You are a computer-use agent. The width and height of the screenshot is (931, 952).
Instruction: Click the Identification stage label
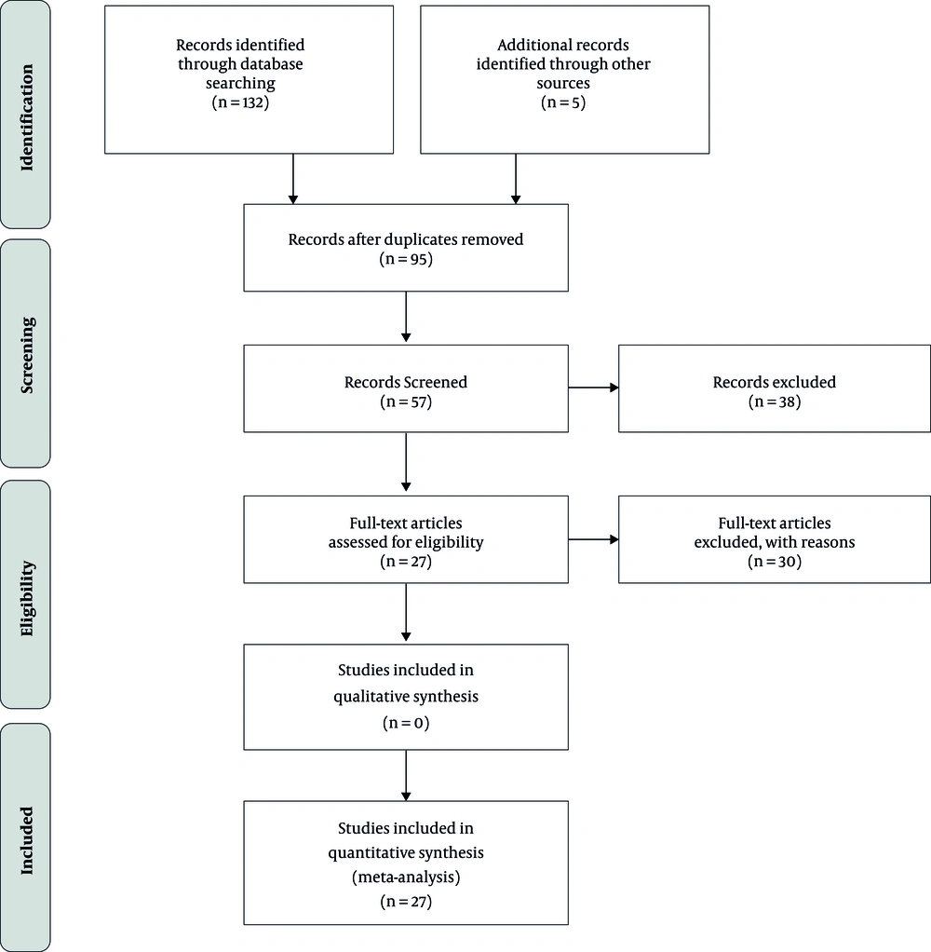pos(27,117)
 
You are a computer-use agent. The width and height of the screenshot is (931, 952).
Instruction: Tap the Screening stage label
pos(27,355)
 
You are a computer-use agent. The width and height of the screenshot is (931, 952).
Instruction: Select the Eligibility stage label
pos(27,598)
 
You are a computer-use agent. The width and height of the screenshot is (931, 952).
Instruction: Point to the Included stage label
pos(27,840)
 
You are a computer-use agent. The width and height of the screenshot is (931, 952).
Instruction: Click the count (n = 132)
pos(240,102)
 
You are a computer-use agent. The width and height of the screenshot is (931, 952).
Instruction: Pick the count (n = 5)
pos(563,102)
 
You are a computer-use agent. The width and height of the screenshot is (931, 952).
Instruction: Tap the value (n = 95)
pos(406,259)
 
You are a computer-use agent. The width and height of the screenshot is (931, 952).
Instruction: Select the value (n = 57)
pos(406,401)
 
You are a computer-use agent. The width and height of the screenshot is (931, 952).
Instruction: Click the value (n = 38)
pos(775,401)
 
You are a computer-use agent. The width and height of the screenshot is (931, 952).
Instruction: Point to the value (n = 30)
pos(775,562)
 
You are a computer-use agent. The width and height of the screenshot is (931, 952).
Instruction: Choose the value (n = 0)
pos(406,723)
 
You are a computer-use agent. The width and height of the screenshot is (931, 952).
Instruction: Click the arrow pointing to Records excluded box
pos(594,388)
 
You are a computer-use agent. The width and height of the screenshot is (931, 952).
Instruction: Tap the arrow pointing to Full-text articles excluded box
pos(594,539)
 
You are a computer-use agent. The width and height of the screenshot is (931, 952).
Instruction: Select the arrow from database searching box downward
pos(293,179)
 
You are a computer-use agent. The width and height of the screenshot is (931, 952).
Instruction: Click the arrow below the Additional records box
pos(516,179)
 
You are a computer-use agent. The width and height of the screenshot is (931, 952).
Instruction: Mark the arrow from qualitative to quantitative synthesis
pos(406,775)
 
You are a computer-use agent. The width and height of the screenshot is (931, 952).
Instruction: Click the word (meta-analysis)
pos(406,877)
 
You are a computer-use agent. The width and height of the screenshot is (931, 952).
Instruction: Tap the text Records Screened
pos(406,382)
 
